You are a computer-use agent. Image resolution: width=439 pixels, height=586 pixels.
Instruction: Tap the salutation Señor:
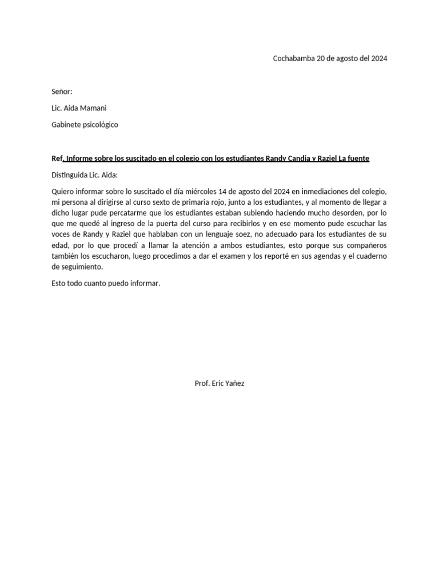62,92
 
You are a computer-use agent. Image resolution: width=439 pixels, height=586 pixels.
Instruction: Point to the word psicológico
99,125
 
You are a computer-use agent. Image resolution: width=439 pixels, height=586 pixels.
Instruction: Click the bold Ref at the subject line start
57,159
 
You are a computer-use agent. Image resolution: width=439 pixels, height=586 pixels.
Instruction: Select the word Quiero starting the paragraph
63,191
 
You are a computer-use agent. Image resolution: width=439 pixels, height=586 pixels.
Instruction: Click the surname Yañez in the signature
232,383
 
